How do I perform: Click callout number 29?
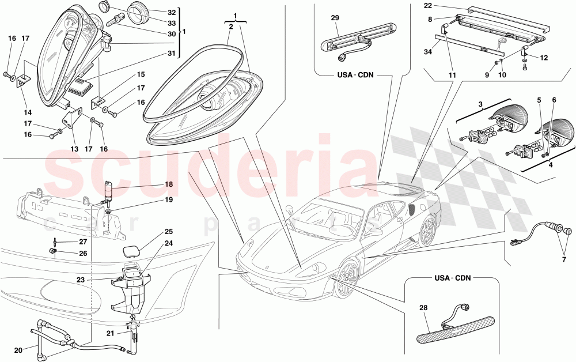pyautogui.click(x=335, y=18)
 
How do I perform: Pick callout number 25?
pyautogui.click(x=153, y=232)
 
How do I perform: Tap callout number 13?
pyautogui.click(x=74, y=149)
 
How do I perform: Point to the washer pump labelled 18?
pyautogui.click(x=108, y=191)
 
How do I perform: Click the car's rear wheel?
pyautogui.click(x=428, y=231)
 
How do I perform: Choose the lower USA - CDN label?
pyautogui.click(x=453, y=278)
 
